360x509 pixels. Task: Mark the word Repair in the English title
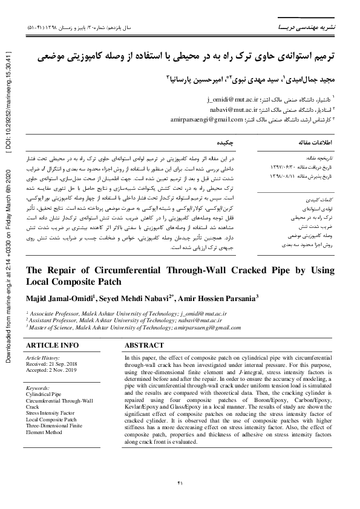(x=59, y=270)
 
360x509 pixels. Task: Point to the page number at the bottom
(x=180, y=482)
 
